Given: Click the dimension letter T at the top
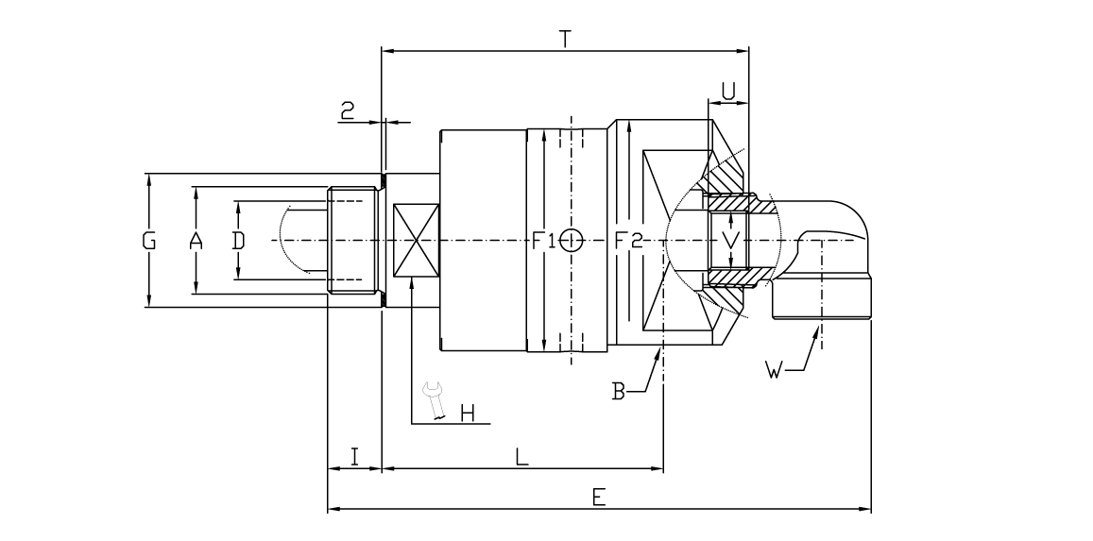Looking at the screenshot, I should pos(565,39).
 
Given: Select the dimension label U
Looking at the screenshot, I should pos(729,90).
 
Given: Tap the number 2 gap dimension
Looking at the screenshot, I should pos(348,111).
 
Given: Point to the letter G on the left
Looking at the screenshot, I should pos(149,241).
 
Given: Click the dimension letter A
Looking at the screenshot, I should pos(196,241).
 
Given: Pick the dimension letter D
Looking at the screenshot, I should pos(238,241).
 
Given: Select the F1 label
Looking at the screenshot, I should pos(543,241).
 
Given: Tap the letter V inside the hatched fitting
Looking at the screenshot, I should pos(729,240).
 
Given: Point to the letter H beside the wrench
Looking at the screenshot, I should pos(468,414).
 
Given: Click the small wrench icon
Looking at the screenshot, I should pos(435,400).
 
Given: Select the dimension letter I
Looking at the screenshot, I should pos(353,457).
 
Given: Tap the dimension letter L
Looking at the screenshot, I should pos(521,457).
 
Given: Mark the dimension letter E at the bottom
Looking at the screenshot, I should pos(599,499).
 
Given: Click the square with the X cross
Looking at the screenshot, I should pos(416,241).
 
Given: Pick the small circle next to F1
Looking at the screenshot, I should pos(570,240).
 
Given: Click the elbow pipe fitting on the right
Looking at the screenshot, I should pos(831,255).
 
